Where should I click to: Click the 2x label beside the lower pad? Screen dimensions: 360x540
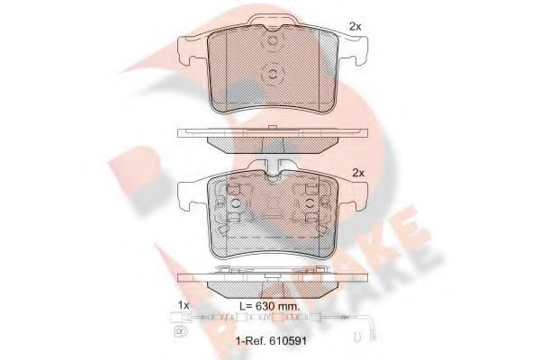coord(358,172)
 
